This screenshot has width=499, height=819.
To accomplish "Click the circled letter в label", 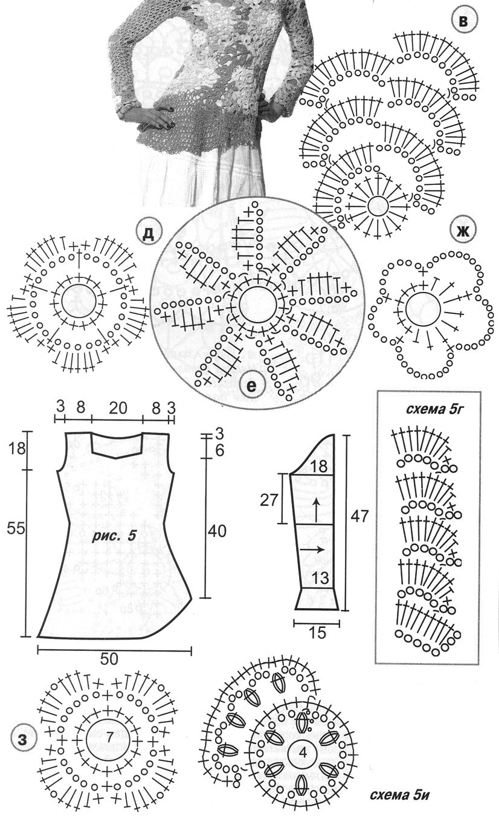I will pyautogui.click(x=463, y=22).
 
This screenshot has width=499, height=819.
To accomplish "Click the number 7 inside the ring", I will pyautogui.click(x=92, y=738).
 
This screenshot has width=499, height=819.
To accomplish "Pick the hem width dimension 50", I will pyautogui.click(x=109, y=658).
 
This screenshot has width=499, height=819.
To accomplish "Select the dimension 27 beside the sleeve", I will pyautogui.click(x=269, y=501).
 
